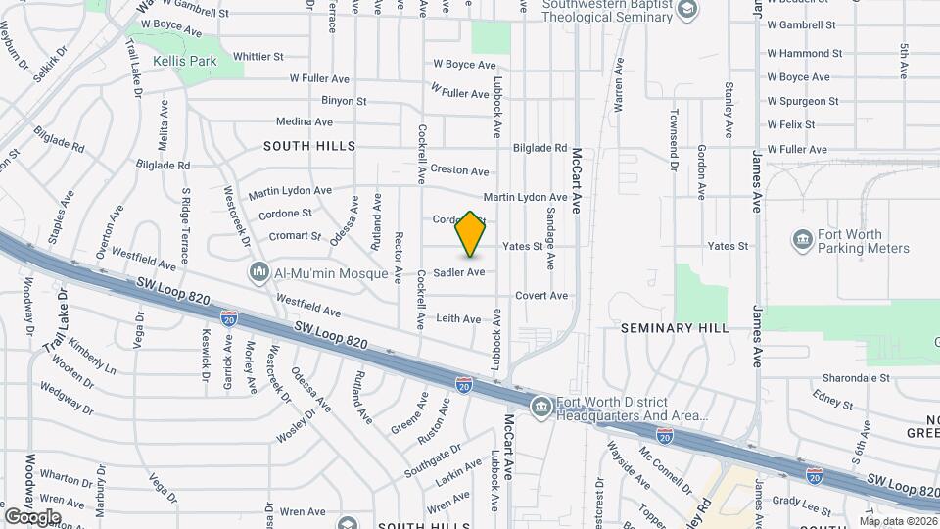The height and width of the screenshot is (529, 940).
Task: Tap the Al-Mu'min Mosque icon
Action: [x=259, y=271]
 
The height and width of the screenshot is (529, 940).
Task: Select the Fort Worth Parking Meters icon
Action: [x=802, y=240]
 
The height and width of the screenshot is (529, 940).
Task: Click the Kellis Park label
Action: [x=184, y=61]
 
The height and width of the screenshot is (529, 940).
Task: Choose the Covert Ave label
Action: [x=541, y=295]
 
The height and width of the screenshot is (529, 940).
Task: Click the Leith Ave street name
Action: [x=458, y=318]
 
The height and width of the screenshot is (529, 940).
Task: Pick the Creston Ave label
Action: [x=459, y=171]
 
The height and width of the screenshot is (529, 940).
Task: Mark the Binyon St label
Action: [x=344, y=101]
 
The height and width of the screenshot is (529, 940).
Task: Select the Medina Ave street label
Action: [x=305, y=122]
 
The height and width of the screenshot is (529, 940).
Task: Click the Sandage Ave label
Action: [x=551, y=238]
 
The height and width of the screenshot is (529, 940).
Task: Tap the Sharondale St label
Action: [x=856, y=377]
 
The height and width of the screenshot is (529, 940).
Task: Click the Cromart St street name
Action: [x=296, y=236]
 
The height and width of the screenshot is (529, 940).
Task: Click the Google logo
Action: [x=32, y=516]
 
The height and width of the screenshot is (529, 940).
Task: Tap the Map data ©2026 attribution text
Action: [x=898, y=521]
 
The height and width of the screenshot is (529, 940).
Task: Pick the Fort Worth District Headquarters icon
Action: [x=540, y=407]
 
